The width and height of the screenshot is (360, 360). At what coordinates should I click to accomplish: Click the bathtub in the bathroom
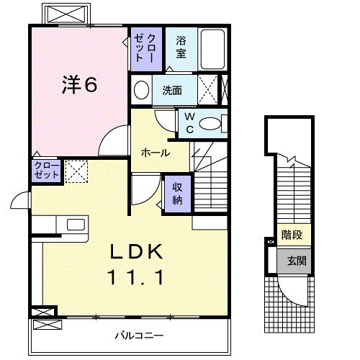tap(212, 48)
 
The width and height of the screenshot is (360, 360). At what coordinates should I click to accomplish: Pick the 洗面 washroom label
tap(171, 91)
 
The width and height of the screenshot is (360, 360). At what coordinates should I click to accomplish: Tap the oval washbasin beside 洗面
tap(142, 91)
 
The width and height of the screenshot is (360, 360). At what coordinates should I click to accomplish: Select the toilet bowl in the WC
tap(211, 124)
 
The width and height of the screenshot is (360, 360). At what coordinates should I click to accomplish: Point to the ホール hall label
tap(156, 153)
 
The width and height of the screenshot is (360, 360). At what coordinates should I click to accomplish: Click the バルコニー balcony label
tap(139, 336)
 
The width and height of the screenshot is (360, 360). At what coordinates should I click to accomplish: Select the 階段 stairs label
tap(292, 234)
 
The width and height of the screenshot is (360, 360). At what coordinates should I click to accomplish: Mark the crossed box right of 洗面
tap(210, 91)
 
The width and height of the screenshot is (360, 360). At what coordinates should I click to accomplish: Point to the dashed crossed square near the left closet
tap(76, 171)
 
